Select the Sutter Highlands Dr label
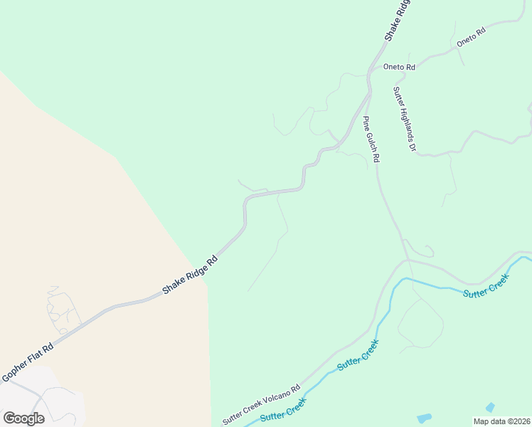tap(403, 119)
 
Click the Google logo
tap(23, 418)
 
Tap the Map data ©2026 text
tap(501, 421)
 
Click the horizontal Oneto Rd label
tap(399, 67)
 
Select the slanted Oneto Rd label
tap(471, 36)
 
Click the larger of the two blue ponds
tap(424, 418)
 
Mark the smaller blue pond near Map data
tap(490, 407)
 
